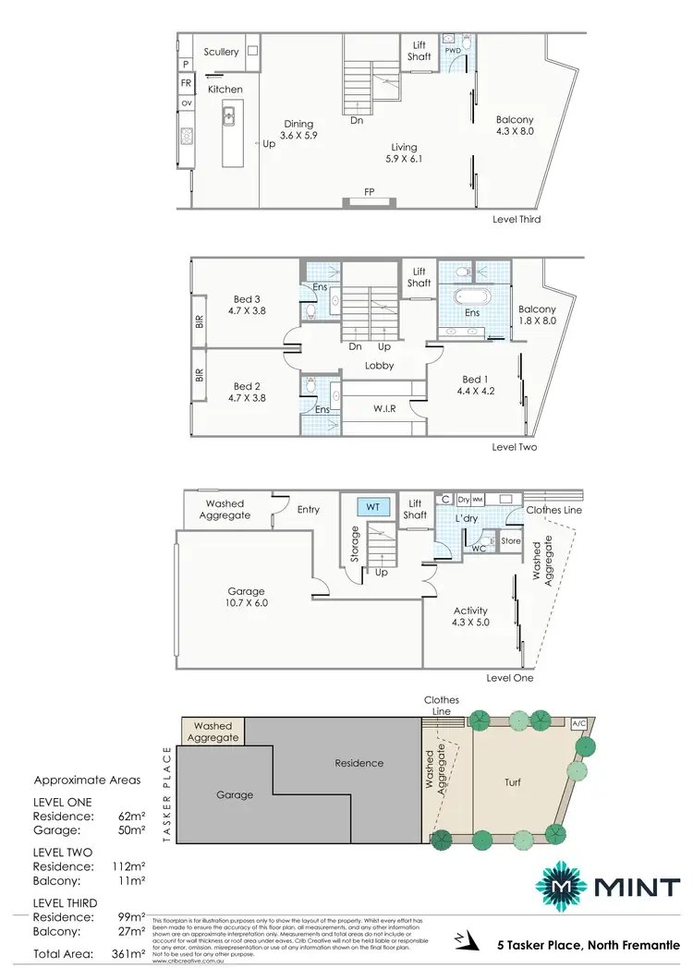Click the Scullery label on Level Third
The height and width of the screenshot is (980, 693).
coord(221,52)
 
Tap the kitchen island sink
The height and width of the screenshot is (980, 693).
coord(228,116)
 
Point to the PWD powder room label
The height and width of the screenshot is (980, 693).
coord(453,51)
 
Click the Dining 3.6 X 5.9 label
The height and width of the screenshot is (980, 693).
coord(298,129)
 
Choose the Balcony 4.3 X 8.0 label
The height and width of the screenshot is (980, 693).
coord(515,126)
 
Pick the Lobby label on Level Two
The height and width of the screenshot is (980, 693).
coord(379,366)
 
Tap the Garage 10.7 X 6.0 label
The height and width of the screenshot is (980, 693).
coord(246,597)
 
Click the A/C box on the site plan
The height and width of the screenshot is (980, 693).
coord(579,722)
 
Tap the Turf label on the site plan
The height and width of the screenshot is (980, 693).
coord(513,782)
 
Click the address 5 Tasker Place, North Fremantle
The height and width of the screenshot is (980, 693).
coord(589,944)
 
